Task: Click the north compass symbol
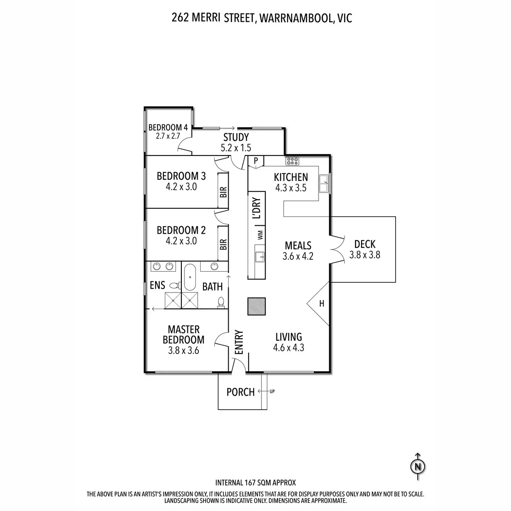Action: coord(418,467)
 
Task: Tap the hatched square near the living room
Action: coord(257,306)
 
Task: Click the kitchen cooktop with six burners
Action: coord(292,161)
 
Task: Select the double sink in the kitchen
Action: coord(324,183)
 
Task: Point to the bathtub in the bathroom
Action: coord(189,277)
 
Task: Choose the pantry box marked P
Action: coord(256,161)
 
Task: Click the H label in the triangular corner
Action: coord(322,304)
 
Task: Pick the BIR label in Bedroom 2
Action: coord(223,244)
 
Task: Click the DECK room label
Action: coord(365,244)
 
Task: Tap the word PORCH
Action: coord(240,392)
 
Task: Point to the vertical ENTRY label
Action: coord(239,342)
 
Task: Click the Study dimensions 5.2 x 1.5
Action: coord(235,148)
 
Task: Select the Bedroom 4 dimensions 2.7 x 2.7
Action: coord(168,137)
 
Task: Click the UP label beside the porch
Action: coord(272,391)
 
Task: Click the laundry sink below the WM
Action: coord(259,256)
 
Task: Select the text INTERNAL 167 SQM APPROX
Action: coord(255,483)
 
